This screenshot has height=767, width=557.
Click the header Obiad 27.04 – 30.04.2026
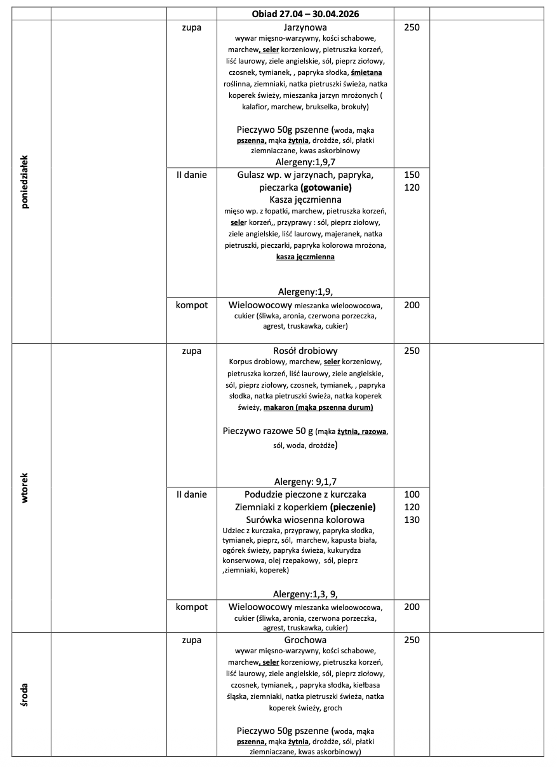(305, 13)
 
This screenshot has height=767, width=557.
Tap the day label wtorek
(26, 488)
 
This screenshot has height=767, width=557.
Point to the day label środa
(26, 695)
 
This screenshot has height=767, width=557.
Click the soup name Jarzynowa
(305, 27)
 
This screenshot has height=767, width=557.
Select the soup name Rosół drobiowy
(305, 351)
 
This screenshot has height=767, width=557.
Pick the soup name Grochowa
(305, 640)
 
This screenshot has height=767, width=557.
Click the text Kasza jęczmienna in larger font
(305, 200)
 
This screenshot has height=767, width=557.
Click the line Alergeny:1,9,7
(305, 162)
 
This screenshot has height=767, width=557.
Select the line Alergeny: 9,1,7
(305, 481)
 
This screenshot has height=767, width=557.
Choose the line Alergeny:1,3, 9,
(305, 594)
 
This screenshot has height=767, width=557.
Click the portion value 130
(412, 520)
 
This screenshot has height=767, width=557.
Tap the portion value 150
(412, 175)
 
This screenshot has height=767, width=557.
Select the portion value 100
(412, 494)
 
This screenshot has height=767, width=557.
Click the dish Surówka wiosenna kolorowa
(305, 520)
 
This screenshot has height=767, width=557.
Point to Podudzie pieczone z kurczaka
(305, 494)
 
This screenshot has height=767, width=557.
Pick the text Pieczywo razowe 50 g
(267, 431)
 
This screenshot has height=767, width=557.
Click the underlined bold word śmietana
(361, 72)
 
